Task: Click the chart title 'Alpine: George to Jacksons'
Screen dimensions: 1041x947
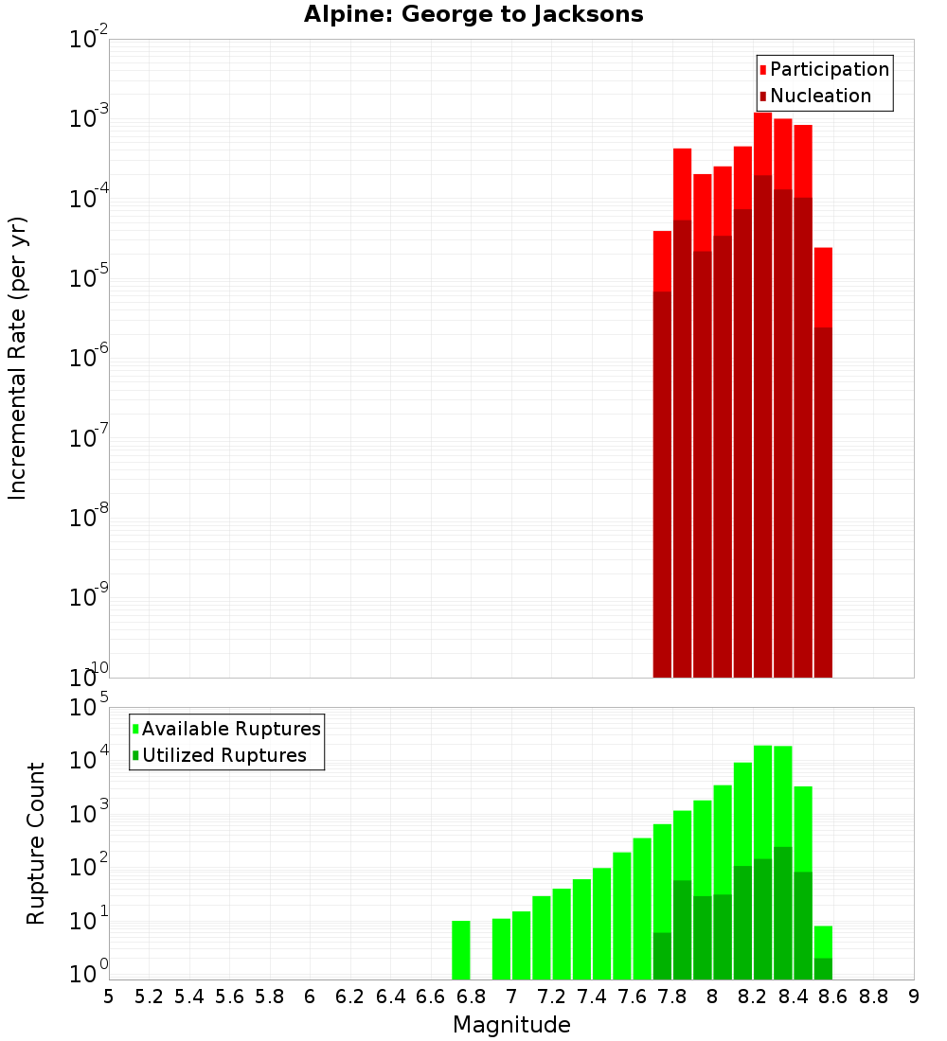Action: click(473, 15)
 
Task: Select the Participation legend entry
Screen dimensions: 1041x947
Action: click(824, 69)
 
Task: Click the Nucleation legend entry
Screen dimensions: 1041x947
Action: click(814, 96)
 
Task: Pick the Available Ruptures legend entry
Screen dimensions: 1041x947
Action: click(226, 729)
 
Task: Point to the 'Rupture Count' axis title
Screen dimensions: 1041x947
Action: click(36, 843)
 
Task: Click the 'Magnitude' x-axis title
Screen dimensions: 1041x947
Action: click(511, 1025)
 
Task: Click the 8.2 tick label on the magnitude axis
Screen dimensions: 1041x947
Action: click(753, 996)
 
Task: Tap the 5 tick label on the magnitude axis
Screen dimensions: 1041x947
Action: click(109, 996)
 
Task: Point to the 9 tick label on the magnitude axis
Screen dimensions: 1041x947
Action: click(914, 996)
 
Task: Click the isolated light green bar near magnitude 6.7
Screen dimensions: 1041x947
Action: click(461, 949)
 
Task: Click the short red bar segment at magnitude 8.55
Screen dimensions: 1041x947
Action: click(823, 287)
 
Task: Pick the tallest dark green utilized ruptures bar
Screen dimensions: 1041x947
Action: click(783, 912)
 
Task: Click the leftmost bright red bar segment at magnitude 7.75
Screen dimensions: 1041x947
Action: click(663, 260)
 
